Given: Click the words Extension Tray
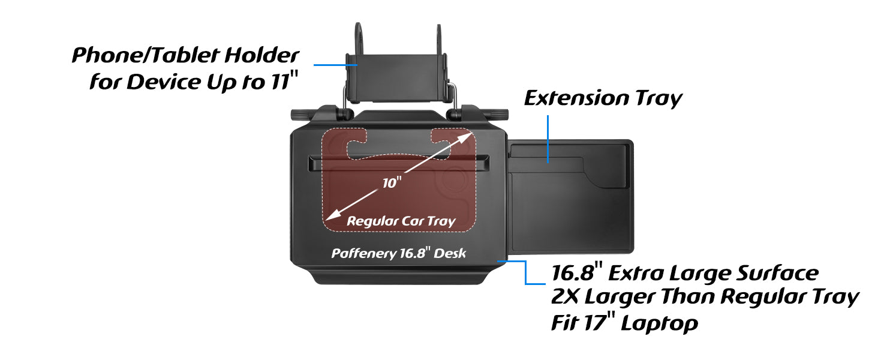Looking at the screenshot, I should click(603, 98).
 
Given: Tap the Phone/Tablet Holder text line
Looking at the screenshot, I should click(185, 56).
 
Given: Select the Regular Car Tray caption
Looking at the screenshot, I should click(401, 221).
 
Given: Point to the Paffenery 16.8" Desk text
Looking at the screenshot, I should click(399, 253).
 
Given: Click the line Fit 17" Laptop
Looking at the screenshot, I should click(624, 323).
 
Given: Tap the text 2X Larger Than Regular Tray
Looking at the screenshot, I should click(705, 297).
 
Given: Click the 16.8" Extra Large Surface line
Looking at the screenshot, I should click(684, 273).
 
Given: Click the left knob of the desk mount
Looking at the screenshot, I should click(299, 114).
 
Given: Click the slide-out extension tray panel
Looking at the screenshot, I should click(570, 198).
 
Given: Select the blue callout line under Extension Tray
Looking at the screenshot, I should click(548, 138).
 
